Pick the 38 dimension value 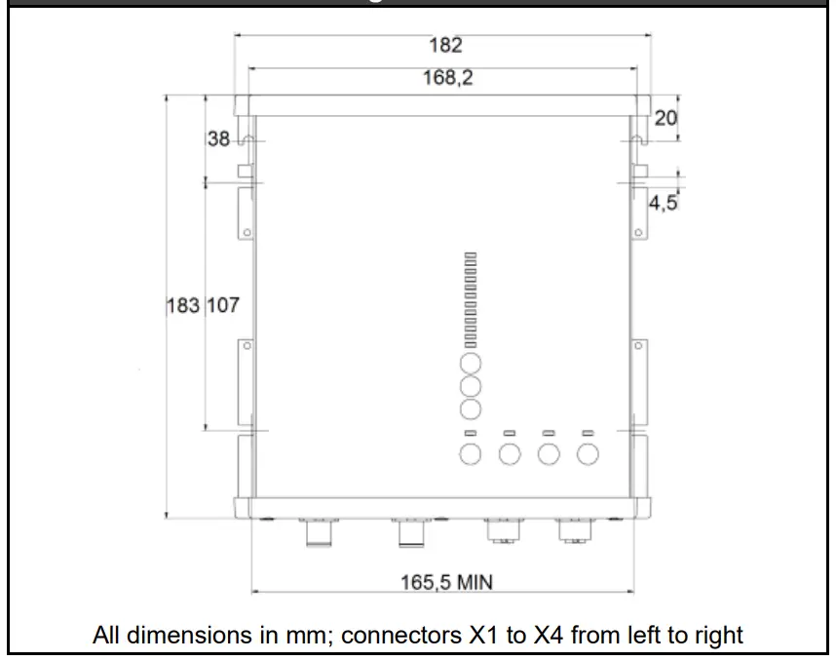(219, 139)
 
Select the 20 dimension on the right (665, 118)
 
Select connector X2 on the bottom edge (408, 533)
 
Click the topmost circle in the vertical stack (471, 365)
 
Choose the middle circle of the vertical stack (471, 386)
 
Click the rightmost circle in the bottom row (588, 453)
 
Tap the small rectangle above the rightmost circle (588, 432)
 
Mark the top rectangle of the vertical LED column (471, 255)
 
